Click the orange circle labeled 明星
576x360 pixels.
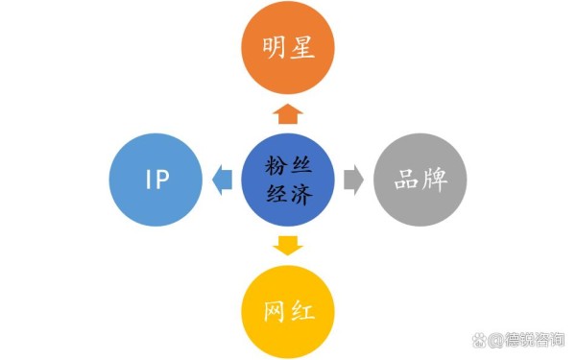[x=288, y=47]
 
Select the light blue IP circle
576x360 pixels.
[x=157, y=180]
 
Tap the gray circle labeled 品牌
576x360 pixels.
[x=420, y=180]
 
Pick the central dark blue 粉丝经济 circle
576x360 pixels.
[x=288, y=180]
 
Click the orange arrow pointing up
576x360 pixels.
[x=288, y=114]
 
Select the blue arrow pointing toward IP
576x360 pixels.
[x=222, y=180]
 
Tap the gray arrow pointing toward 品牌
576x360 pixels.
[x=353, y=180]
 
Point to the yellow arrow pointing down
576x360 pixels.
[x=288, y=245]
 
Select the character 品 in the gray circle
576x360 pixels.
[x=404, y=180]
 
